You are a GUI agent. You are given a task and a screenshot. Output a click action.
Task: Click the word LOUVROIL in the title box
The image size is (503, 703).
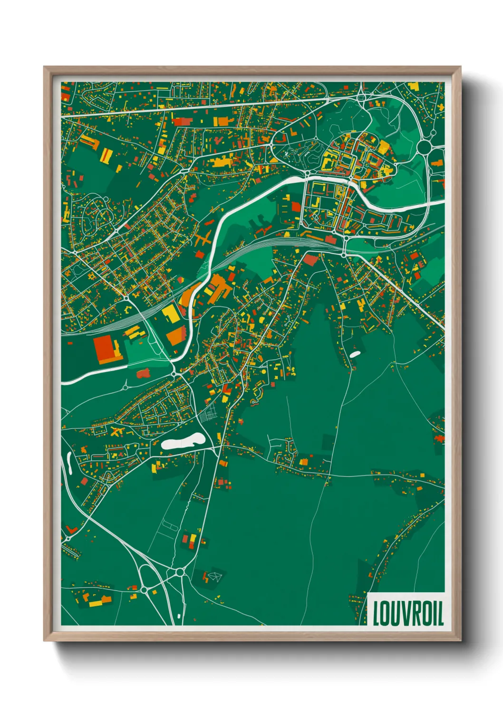click(408, 613)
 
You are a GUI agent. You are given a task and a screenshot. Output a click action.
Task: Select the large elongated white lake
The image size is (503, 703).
click(183, 442)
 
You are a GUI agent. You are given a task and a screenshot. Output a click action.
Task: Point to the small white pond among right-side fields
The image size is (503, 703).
click(355, 354)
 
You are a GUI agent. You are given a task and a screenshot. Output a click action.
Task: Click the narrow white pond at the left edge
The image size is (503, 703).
click(69, 463)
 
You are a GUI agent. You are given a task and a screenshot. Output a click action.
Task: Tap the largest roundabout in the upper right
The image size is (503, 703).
click(424, 148)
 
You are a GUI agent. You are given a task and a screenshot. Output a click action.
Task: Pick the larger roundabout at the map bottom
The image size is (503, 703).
click(179, 572)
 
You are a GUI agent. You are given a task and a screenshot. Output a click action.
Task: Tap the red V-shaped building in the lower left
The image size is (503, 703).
click(72, 529)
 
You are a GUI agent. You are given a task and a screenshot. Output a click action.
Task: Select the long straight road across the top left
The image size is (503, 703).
click(190, 107)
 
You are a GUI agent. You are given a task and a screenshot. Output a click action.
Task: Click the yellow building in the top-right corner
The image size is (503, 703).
click(413, 87)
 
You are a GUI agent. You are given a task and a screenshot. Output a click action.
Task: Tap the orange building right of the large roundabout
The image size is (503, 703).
click(437, 164)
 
